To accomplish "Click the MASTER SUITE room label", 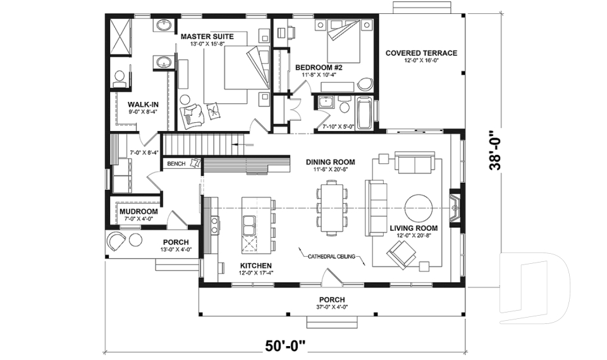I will click(207, 37).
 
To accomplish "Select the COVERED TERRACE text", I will click(421, 53).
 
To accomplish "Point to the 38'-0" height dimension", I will click(498, 151).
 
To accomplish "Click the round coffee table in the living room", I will click(419, 206).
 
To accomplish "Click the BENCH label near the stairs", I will click(176, 164).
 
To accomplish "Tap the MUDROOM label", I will click(138, 211).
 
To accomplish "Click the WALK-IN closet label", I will click(138, 104).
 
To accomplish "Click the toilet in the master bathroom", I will click(120, 78).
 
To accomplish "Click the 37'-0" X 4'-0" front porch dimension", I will click(331, 307).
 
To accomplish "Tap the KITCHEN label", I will click(256, 265).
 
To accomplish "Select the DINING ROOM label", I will click(330, 162).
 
